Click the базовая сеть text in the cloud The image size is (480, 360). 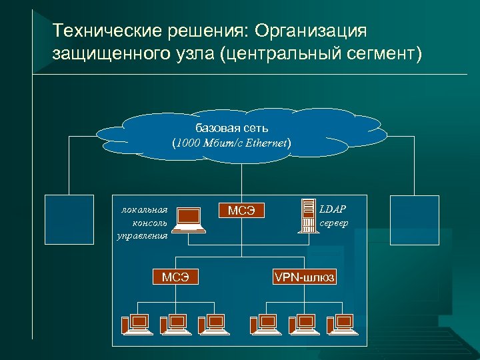[x=231, y=127]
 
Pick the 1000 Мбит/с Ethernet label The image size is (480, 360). [x=231, y=143]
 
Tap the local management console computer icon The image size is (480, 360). [x=189, y=219]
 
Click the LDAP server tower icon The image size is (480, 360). [x=308, y=216]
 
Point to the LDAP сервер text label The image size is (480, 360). [x=334, y=216]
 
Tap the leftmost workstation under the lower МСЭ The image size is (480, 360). [x=135, y=323]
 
